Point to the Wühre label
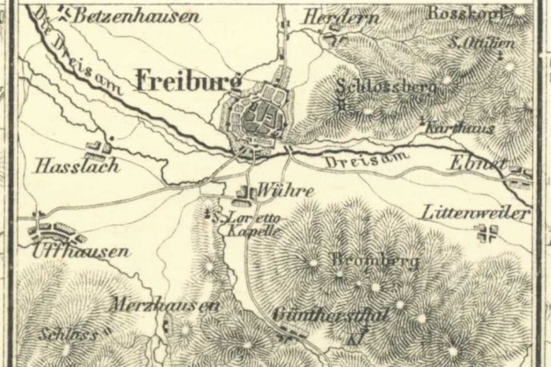coord(274,191)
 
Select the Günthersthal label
coord(332,315)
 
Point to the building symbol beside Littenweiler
coord(489,232)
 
